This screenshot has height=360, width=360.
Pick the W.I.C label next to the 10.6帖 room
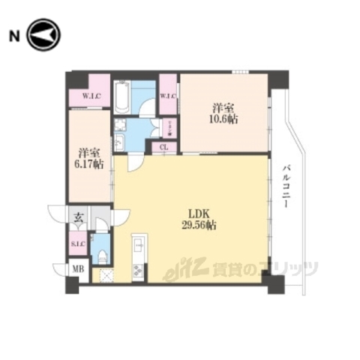[168, 95]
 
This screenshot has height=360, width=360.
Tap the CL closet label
[164, 147]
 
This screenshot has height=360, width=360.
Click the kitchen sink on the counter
[138, 244]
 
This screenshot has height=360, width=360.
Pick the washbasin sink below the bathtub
[120, 140]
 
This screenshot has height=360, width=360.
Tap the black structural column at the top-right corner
[279, 77]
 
